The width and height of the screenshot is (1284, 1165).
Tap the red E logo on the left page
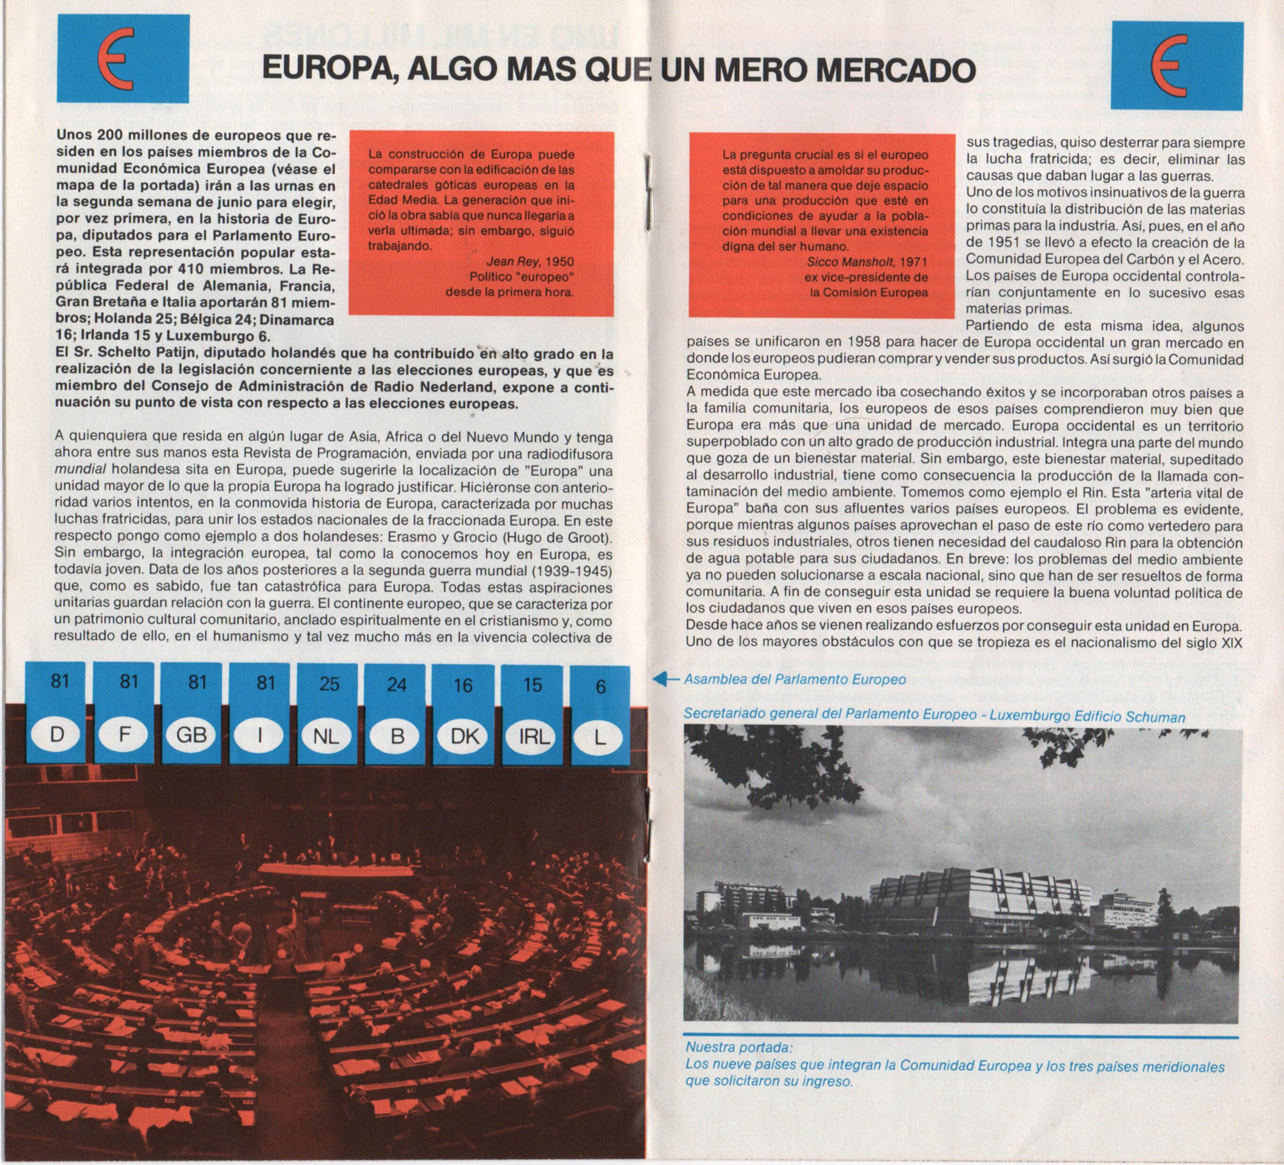[x=122, y=59]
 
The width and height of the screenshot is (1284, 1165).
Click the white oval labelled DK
[x=464, y=737]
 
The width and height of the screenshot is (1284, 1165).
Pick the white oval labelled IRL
[x=533, y=737]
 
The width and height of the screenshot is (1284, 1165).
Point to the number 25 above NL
[x=329, y=684]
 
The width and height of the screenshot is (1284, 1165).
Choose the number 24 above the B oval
[x=397, y=685]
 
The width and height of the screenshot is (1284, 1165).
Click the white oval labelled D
[x=57, y=735]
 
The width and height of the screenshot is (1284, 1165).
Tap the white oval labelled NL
[x=327, y=737]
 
